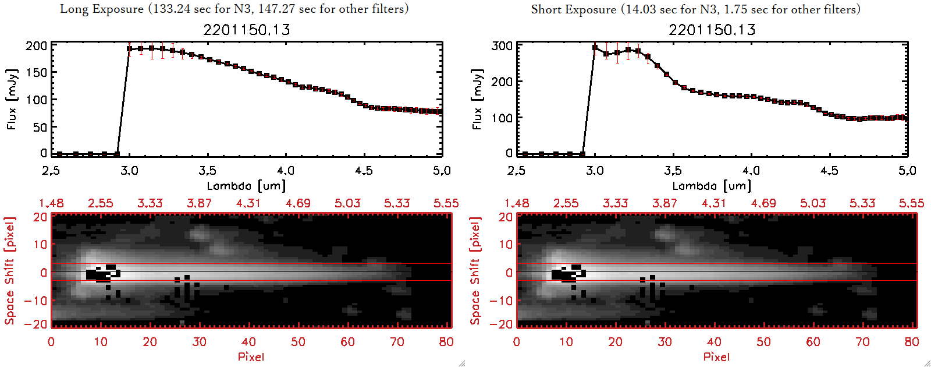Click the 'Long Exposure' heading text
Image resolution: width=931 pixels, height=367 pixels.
coord(102,9)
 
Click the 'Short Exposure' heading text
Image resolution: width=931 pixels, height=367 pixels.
coord(573,9)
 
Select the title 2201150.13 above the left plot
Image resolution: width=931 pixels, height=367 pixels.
coord(246,30)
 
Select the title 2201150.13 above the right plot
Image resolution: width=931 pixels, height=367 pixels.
coord(712,30)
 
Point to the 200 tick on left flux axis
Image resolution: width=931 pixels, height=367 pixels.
coord(36,45)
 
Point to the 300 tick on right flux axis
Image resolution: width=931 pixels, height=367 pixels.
coord(502,45)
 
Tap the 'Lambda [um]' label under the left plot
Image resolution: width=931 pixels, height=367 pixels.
coord(246,186)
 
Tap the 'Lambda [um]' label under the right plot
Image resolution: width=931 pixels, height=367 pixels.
coord(712,186)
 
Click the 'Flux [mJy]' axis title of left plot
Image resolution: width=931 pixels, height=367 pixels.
coord(12,99)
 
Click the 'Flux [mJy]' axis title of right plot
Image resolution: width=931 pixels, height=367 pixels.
coord(478,99)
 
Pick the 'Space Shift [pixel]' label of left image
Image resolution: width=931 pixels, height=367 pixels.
coord(9,271)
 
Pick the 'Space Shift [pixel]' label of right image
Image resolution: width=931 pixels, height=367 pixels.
coord(475,271)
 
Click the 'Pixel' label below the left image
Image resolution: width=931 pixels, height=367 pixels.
coord(251,357)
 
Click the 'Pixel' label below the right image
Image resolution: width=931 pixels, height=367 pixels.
coord(716,357)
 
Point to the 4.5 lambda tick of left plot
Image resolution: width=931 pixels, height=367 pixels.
coord(364,171)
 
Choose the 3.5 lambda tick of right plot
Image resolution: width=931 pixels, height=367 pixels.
coord(673,171)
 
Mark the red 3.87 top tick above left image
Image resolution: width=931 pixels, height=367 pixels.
coord(199,203)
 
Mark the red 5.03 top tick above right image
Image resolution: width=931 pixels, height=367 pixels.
coord(813,203)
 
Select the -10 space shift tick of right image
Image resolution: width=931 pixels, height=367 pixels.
coord(501,301)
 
